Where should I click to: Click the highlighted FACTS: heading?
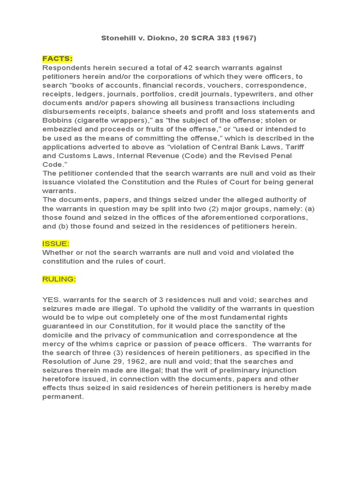pos(57,59)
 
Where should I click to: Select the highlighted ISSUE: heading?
pos(56,244)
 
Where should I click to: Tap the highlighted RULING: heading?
pos(59,279)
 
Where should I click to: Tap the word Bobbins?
pos(57,120)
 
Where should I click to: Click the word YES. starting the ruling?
pos(51,300)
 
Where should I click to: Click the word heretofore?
pos(62,379)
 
